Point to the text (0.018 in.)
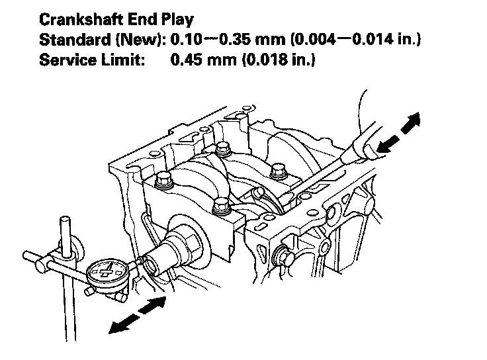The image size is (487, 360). [x=271, y=60]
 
